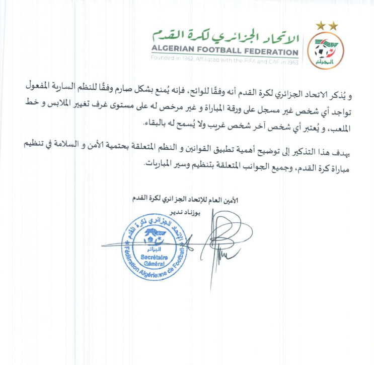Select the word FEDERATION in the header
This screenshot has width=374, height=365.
pos(275,51)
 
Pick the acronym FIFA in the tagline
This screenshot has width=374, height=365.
pos(243,58)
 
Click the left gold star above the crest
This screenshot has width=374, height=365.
pos(320,26)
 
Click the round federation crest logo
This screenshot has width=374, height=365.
pos(326,51)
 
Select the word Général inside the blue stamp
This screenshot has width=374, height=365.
pos(153,263)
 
